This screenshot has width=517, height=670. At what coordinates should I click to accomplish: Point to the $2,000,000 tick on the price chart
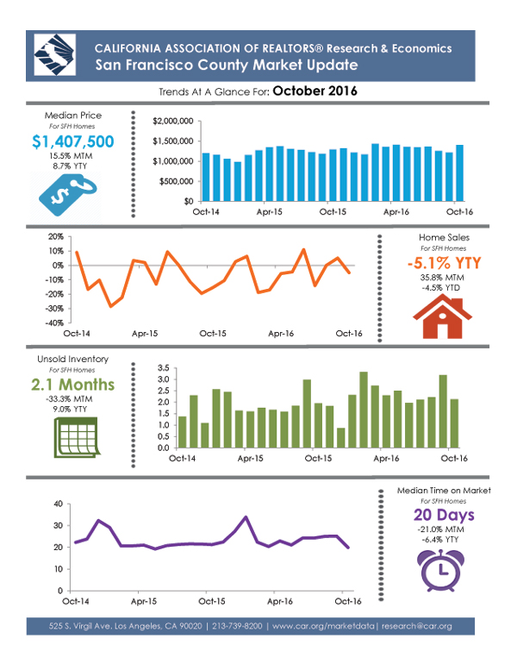[171, 121]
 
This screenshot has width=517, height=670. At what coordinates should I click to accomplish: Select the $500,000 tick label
[174, 181]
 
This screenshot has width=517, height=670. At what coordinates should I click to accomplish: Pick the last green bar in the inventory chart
[454, 423]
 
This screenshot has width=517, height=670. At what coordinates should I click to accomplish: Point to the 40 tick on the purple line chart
[57, 504]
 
